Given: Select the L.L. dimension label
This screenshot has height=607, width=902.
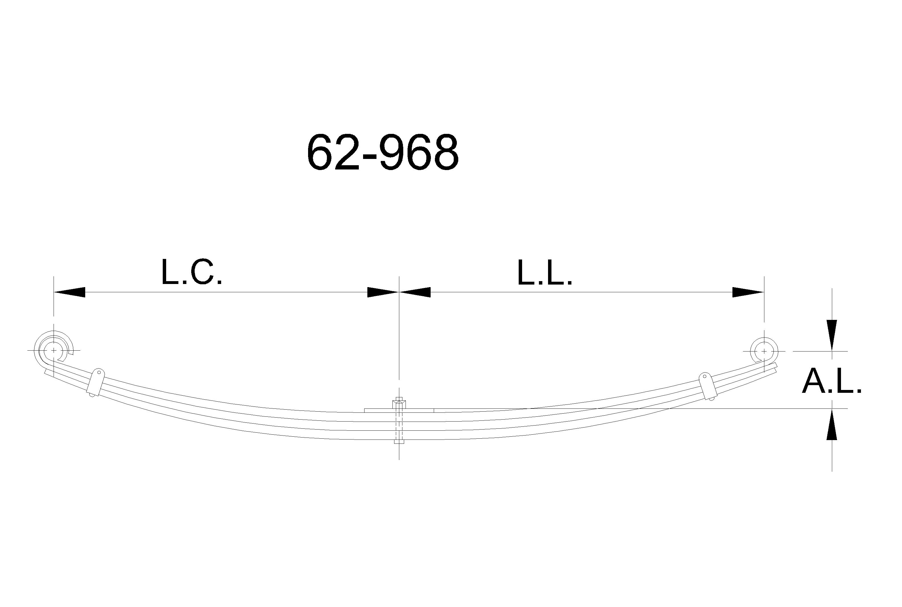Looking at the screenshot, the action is click(545, 273).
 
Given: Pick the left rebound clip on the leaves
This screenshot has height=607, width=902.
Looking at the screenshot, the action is click(95, 383).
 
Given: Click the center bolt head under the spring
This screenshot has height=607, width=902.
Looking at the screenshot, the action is click(399, 441).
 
